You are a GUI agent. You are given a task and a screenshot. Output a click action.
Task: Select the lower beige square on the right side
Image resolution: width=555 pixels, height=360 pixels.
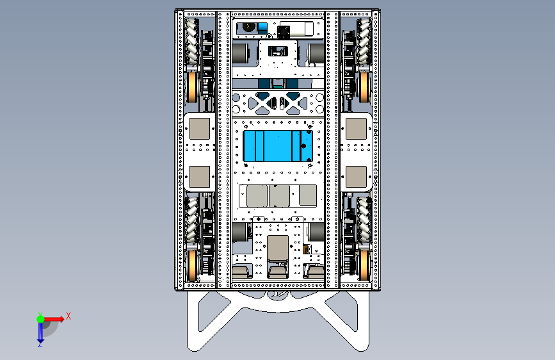tap(355, 176)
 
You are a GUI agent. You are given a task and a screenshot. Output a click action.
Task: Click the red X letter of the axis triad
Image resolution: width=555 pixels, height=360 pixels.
tap(68, 316)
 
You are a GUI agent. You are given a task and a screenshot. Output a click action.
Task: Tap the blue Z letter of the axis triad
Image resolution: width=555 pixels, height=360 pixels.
tap(40, 344)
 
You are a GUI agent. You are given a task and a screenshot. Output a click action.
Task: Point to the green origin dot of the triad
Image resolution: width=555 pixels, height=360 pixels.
tap(40, 318)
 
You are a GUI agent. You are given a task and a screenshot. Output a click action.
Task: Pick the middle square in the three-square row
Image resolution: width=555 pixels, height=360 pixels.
tap(279, 196)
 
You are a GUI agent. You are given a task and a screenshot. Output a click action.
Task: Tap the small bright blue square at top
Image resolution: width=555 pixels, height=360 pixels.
tap(262, 28)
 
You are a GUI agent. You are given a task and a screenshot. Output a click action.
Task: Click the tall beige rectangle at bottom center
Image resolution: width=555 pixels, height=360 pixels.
tap(278, 249)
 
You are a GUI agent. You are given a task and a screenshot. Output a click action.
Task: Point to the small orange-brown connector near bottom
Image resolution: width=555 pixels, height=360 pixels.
tap(307, 249)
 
